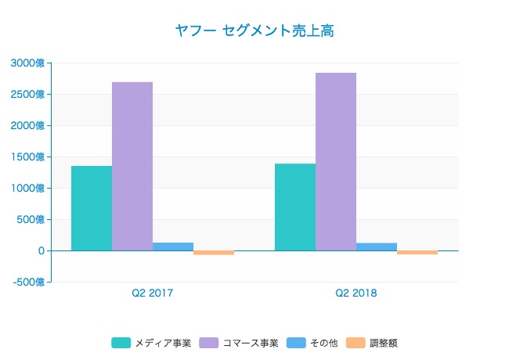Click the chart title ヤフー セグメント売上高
[254, 31]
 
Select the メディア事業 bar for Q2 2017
[92, 208]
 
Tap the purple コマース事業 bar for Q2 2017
[132, 166]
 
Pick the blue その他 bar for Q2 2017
[173, 247]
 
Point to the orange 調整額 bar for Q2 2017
[214, 253]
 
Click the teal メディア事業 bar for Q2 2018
[295, 207]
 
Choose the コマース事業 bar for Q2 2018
[336, 161]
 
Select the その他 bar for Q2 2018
[377, 247]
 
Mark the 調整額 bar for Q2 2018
[417, 253]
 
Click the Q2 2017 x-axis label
[153, 293]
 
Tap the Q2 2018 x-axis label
[356, 293]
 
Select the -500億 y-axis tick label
[28, 282]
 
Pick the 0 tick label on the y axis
[40, 250]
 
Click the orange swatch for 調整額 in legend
[356, 343]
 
